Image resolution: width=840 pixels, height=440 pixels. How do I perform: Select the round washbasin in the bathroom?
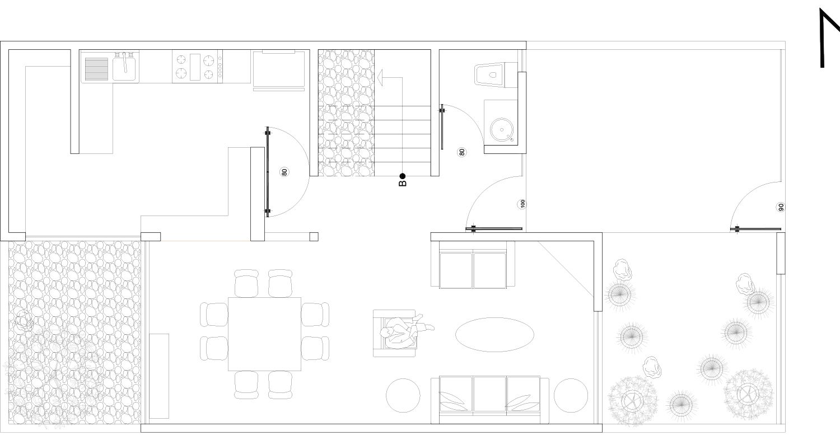coord(502,130)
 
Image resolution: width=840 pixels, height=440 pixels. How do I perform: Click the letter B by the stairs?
coord(403,183)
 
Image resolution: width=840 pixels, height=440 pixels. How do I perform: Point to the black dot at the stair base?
coord(403,176)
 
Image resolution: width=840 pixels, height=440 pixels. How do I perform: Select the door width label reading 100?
coord(522,204)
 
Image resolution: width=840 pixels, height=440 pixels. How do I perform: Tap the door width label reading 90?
coord(781,207)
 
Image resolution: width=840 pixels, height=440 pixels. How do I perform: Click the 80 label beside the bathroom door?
coord(461,152)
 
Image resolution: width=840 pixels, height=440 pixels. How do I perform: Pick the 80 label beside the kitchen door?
coord(284,172)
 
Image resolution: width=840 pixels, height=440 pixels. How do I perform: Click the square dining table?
coord(265,334)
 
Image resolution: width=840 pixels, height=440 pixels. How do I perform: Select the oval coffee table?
coord(494,335)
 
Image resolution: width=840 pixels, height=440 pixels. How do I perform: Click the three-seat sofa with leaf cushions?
coord(490,400)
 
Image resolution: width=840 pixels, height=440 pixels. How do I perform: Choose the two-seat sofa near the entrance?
coord(473,265)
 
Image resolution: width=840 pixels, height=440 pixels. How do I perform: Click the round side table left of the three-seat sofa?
coord(403,395)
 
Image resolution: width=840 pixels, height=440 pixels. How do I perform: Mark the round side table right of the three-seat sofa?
coord(571,395)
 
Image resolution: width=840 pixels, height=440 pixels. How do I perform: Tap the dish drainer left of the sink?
coord(96,69)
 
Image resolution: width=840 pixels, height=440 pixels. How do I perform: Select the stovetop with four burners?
coord(198,67)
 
